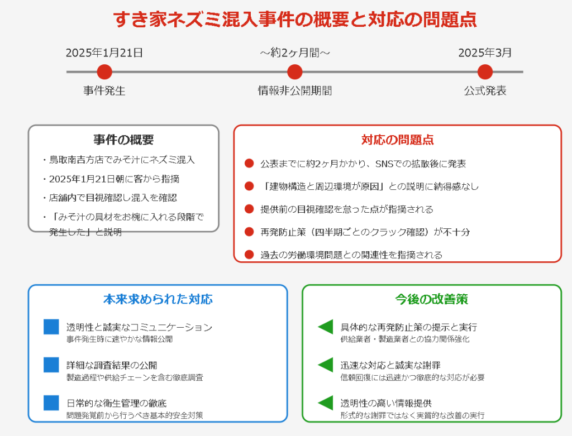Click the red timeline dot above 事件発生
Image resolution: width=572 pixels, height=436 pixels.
(x=104, y=72)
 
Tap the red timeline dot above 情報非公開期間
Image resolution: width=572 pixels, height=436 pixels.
(x=295, y=72)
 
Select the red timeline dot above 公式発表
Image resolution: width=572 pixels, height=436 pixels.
(x=485, y=72)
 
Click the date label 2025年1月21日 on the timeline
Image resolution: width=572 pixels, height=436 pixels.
(x=104, y=53)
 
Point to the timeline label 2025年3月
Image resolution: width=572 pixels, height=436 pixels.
(x=485, y=53)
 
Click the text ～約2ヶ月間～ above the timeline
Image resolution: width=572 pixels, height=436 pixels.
(x=295, y=53)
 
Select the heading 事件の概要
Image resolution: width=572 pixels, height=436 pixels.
(x=123, y=140)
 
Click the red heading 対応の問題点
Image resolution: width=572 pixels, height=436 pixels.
(x=398, y=140)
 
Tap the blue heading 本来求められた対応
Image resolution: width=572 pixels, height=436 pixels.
(x=158, y=299)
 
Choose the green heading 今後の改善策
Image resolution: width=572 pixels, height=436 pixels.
(x=432, y=299)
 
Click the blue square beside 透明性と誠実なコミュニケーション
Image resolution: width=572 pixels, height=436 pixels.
(x=51, y=327)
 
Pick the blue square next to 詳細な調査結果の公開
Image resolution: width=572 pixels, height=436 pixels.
(x=51, y=365)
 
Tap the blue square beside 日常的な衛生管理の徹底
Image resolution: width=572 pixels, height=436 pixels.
(x=51, y=403)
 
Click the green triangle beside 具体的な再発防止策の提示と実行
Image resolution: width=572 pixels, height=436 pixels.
(x=326, y=327)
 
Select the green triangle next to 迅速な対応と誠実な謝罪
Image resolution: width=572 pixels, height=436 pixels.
(x=326, y=365)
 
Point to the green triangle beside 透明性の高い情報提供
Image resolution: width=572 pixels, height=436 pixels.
(x=326, y=403)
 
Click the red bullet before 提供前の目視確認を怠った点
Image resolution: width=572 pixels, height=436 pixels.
(x=249, y=209)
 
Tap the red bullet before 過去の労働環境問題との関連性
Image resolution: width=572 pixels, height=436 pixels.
(x=249, y=255)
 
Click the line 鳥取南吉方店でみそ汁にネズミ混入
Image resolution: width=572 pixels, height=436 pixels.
(x=122, y=160)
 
